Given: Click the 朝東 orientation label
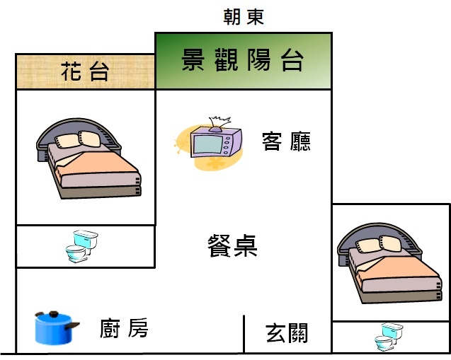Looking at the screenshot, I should coord(243,16).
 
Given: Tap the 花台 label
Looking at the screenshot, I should coord(85,71).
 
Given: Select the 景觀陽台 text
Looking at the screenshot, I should coord(243,61).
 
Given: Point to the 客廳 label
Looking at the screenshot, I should coord(286,141).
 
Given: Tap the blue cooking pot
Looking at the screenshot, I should coord(54,327).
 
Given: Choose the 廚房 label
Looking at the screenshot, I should coord(124,328).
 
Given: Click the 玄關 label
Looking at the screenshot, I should coord(287,332).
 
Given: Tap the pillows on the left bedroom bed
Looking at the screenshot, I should coord(78,139).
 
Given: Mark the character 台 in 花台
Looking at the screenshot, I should coord(99,71).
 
